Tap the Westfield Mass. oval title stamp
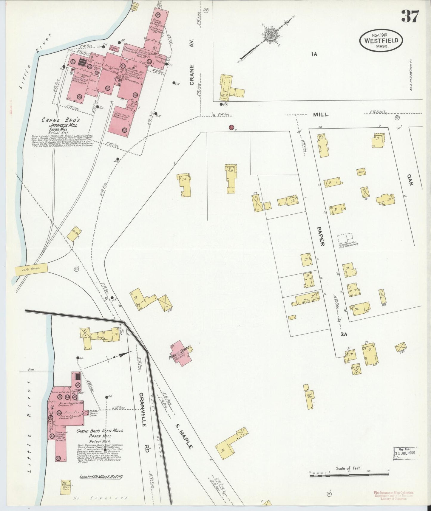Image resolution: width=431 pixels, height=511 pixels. point(381,41)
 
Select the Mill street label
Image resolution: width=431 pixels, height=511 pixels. point(321,114)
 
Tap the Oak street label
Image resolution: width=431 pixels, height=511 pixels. point(410,180)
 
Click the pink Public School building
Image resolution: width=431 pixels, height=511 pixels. point(181,353)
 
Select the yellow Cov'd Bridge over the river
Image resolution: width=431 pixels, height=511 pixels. point(31,269)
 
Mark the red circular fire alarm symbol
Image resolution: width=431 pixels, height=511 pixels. point(231,128)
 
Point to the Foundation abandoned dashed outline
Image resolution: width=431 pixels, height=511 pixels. point(345,238)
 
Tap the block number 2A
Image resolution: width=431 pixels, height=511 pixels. point(344,334)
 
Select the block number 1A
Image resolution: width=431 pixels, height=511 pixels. point(313,54)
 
